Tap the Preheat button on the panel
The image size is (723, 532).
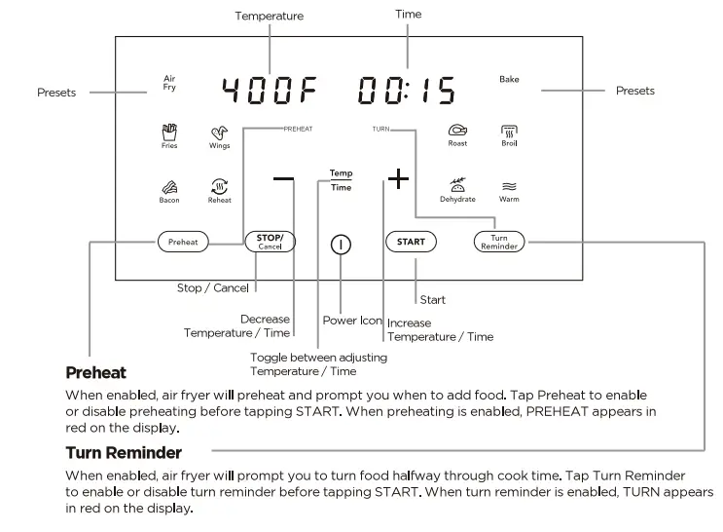click(183, 243)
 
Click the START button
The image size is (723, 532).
click(411, 243)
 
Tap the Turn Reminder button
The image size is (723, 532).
click(498, 243)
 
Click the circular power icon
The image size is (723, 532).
click(341, 245)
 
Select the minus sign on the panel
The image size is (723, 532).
click(283, 179)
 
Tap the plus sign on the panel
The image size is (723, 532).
click(398, 179)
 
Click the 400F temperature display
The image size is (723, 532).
click(270, 92)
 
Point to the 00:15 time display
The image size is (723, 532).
click(406, 92)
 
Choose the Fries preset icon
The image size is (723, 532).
click(169, 132)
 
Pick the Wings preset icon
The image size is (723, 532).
click(219, 133)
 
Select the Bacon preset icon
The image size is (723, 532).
click(169, 187)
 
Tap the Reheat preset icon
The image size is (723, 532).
click(219, 187)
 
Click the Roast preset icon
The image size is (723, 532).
click(457, 132)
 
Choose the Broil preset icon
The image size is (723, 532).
click(509, 132)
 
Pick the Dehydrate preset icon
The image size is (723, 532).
click(457, 185)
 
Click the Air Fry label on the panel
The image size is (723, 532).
click(169, 83)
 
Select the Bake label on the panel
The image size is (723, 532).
click(509, 79)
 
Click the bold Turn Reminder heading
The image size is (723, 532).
click(124, 453)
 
